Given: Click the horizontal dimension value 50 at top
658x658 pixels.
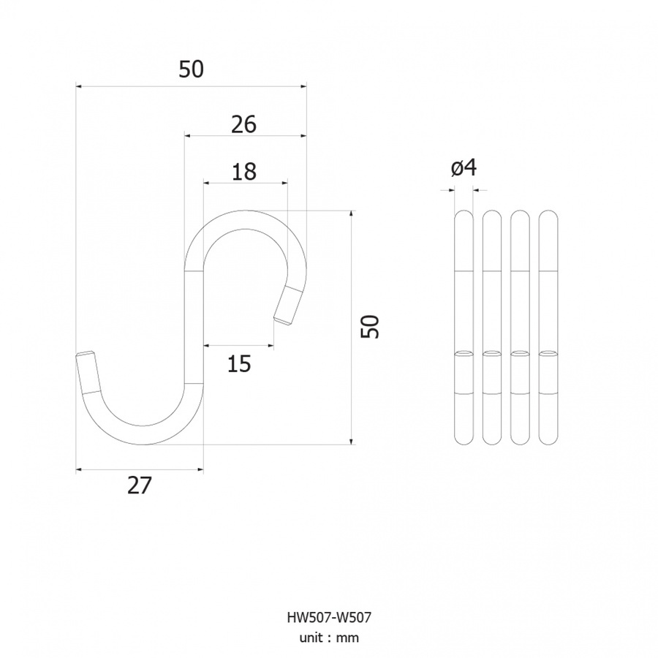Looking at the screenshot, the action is click(191, 69).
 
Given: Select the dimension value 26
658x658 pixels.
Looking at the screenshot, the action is click(243, 124).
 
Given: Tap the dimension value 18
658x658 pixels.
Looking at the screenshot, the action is click(243, 172).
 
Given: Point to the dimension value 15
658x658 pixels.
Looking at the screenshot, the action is click(239, 363).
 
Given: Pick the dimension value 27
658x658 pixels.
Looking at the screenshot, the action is click(140, 485).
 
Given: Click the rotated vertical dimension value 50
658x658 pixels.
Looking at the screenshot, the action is click(371, 327).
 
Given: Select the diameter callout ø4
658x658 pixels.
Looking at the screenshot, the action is click(464, 168).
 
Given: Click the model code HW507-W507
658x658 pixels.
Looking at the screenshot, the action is click(329, 618).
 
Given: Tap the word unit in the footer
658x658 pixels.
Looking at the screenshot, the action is click(311, 638).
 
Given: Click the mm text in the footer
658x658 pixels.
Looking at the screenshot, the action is click(348, 638).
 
